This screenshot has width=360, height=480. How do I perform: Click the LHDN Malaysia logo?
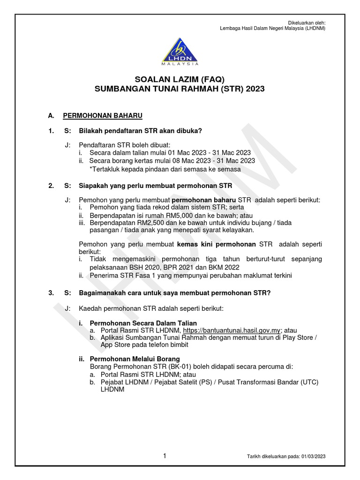[x=180, y=49]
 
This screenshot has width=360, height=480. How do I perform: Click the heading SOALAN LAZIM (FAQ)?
[x=180, y=79]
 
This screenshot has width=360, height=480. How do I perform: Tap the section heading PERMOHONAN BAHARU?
[x=103, y=115]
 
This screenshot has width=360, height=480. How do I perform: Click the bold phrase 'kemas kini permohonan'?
[x=216, y=244]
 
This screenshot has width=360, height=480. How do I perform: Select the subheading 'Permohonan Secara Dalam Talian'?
[x=143, y=323]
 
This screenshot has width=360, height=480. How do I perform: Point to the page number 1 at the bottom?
[x=165, y=456]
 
